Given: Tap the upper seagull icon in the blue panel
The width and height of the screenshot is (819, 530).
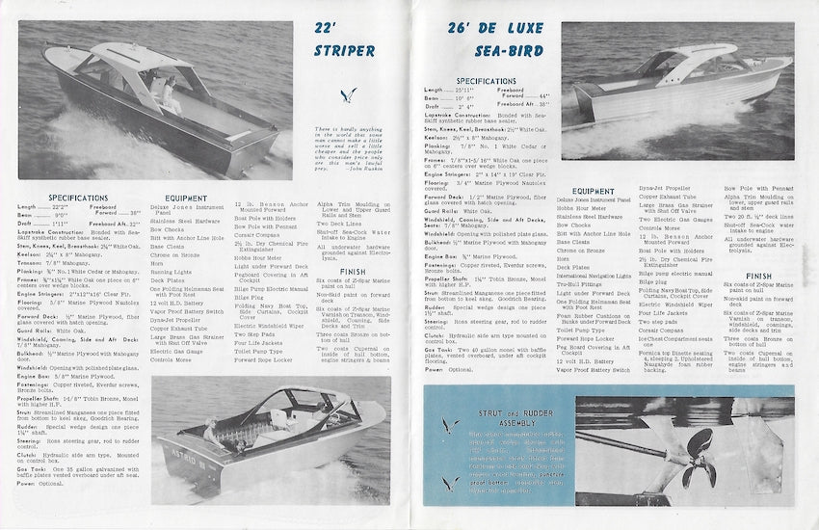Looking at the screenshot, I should click(x=446, y=425).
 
